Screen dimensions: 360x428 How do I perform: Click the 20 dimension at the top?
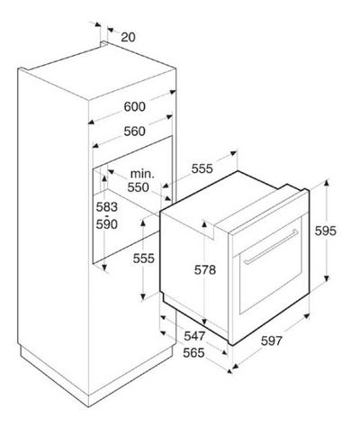[x=128, y=37]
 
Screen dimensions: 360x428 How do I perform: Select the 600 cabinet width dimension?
[x=135, y=106]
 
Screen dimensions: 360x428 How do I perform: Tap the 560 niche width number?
[x=135, y=132]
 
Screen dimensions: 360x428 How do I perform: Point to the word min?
[x=142, y=174]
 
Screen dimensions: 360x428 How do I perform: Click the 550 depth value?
[x=138, y=187]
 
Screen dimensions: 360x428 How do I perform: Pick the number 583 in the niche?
[x=107, y=207]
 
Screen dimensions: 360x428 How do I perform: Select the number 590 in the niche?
[x=107, y=224]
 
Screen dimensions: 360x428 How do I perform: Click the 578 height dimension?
[x=205, y=270]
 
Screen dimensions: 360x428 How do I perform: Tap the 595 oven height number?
[x=326, y=231]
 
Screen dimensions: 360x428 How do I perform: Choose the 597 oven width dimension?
[x=272, y=341]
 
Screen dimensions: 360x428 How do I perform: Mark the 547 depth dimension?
[x=194, y=336]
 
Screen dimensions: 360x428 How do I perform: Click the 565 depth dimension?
[x=193, y=352]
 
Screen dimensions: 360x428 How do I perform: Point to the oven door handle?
[x=271, y=247]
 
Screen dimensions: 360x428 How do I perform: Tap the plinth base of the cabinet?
[x=97, y=376]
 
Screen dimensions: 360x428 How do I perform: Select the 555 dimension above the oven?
[x=202, y=168]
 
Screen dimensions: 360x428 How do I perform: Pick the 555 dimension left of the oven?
[x=144, y=259]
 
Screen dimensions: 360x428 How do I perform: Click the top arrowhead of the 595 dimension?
[x=327, y=183]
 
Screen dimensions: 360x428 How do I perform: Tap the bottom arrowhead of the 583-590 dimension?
[x=104, y=267]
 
